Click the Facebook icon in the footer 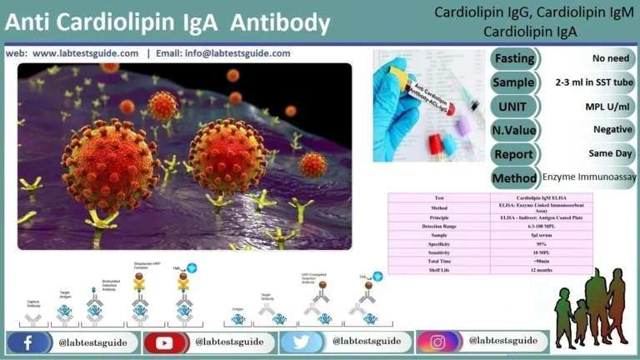(28, 342)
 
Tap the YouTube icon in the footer (165, 342)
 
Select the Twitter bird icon (302, 342)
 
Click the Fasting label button (514, 58)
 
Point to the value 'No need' (612, 58)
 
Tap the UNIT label (514, 106)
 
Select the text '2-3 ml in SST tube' (594, 82)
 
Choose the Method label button (514, 177)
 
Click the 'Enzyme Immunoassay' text (588, 177)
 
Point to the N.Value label (514, 130)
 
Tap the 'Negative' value (612, 130)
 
